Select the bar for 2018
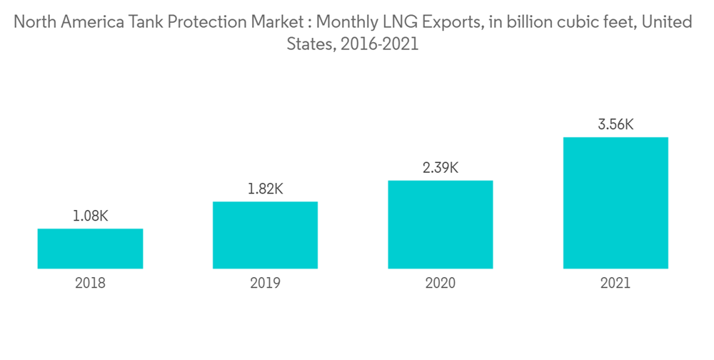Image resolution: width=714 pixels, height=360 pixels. (90, 249)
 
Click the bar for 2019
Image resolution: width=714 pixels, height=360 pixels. (265, 235)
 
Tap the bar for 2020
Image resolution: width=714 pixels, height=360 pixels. (440, 224)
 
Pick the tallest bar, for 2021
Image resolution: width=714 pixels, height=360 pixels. (615, 203)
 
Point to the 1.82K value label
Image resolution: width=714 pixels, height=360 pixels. (265, 189)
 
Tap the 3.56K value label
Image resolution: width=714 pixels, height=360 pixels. (615, 125)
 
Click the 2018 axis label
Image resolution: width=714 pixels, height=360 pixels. (90, 283)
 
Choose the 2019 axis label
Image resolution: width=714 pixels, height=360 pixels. (265, 283)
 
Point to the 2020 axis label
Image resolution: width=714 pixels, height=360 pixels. (440, 283)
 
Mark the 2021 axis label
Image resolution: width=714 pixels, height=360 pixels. (615, 283)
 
